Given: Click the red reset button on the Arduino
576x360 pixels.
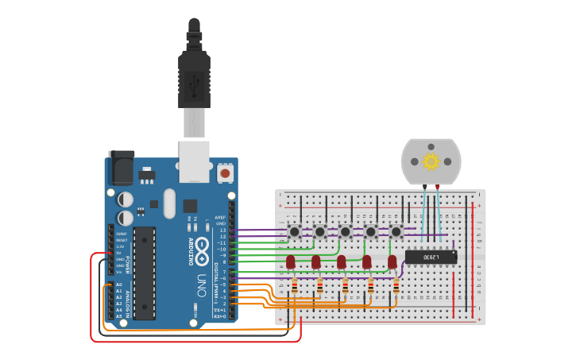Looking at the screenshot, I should (225, 172).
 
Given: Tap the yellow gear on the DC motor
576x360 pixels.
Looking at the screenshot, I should (431, 162).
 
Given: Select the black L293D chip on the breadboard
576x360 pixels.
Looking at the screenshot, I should (431, 257).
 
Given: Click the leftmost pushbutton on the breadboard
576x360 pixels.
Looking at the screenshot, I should (295, 231).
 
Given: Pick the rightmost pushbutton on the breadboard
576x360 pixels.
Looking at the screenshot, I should (396, 231).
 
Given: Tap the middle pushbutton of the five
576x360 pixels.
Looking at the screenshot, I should (346, 231).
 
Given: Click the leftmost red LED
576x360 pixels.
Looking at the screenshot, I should (291, 261).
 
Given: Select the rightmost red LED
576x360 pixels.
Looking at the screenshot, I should (392, 261).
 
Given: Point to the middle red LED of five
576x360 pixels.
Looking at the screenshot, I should (342, 261).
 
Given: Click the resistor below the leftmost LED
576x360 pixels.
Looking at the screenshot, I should (295, 286).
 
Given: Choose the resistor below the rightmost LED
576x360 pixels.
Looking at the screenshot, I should (396, 286).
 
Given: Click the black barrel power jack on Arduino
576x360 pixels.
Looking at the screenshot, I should (122, 168).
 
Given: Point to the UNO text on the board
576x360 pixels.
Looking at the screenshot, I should (202, 284).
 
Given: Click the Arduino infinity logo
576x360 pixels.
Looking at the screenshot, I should (203, 247).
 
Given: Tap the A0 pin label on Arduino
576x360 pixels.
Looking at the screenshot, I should (119, 285).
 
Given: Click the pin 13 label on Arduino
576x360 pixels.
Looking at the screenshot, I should (222, 230).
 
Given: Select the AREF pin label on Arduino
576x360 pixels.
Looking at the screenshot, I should (221, 217).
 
